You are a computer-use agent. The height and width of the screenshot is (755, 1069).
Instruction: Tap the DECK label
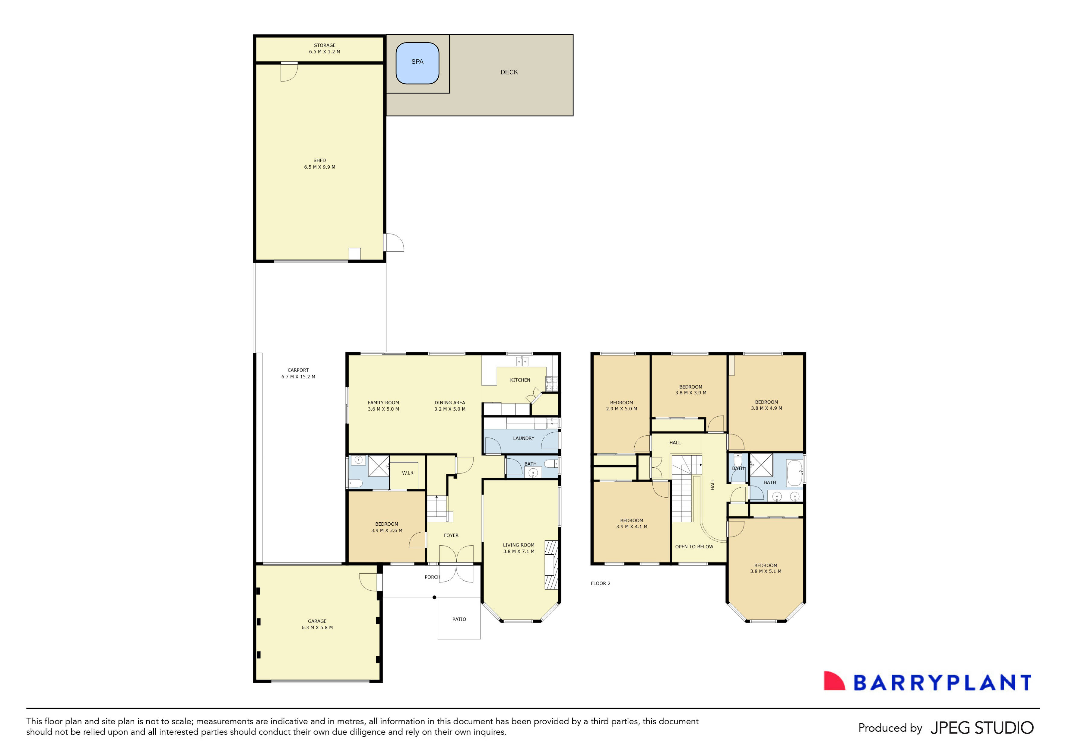pyautogui.click(x=509, y=72)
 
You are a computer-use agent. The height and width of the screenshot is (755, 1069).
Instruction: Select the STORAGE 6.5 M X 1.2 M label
pyautogui.click(x=325, y=49)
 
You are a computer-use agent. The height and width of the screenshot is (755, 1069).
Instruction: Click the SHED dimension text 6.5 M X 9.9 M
pyautogui.click(x=319, y=167)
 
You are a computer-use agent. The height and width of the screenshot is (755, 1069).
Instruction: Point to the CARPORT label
pyautogui.click(x=298, y=370)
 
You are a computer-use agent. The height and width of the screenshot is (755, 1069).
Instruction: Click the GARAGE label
pyautogui.click(x=317, y=621)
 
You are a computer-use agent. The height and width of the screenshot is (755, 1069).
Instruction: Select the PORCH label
pyautogui.click(x=432, y=577)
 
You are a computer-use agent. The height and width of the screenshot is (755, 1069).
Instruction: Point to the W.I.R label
pyautogui.click(x=408, y=473)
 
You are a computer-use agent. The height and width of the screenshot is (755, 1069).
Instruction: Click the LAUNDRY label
pyautogui.click(x=523, y=438)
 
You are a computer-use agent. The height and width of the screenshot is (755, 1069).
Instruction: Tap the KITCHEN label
pyautogui.click(x=520, y=380)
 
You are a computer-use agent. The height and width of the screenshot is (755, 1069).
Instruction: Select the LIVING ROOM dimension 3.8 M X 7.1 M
pyautogui.click(x=519, y=551)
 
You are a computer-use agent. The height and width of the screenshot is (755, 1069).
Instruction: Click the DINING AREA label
pyautogui.click(x=450, y=403)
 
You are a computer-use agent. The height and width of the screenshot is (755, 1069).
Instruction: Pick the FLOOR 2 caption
pyautogui.click(x=600, y=584)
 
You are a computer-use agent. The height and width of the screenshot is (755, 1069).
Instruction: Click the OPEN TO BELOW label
pyautogui.click(x=694, y=547)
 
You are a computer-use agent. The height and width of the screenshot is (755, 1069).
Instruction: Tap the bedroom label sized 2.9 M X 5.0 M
pyautogui.click(x=622, y=406)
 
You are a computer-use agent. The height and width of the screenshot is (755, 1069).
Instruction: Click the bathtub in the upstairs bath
pyautogui.click(x=794, y=473)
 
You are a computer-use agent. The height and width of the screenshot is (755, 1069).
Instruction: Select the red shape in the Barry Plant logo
pyautogui.click(x=833, y=681)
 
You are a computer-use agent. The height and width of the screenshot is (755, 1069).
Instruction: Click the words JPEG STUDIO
pyautogui.click(x=982, y=728)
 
